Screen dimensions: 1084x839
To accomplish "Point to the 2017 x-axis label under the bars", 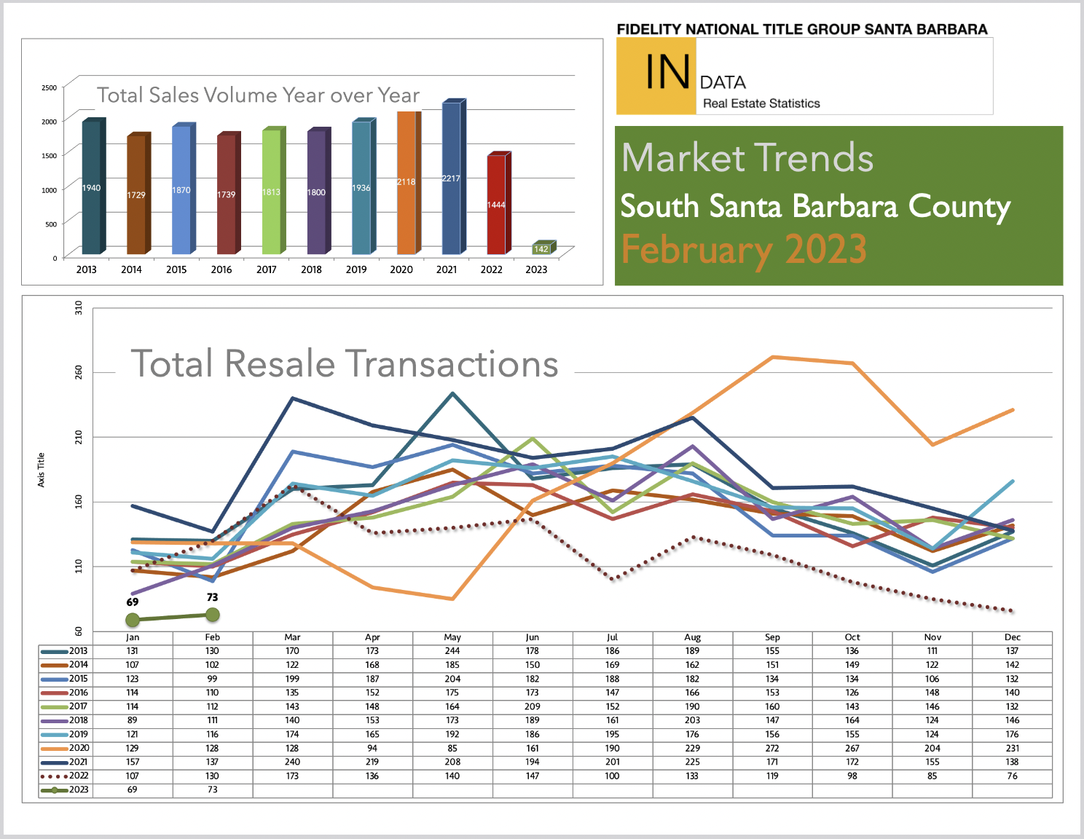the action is (x=267, y=269).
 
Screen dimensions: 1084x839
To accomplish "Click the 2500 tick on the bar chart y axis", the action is (x=50, y=87).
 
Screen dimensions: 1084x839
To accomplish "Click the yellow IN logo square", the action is (x=656, y=76).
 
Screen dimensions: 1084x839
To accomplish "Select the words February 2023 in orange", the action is (x=744, y=250).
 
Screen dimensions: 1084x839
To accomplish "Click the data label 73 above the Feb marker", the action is (x=213, y=597).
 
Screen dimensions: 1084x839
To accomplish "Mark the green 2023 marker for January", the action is (x=133, y=620).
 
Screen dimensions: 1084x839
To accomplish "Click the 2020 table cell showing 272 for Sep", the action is (x=772, y=748).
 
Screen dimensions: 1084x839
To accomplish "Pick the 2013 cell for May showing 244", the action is (x=452, y=651).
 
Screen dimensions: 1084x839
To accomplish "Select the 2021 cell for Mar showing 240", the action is (x=292, y=763).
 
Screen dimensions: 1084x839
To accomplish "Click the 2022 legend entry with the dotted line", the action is (x=65, y=776).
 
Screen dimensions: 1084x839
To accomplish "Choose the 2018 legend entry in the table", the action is (x=65, y=720).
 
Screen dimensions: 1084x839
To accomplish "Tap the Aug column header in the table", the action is (x=692, y=637).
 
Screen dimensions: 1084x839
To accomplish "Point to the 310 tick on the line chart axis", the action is (x=79, y=307).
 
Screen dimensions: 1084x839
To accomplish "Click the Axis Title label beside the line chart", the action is (x=41, y=470).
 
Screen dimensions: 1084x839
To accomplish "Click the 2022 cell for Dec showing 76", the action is (x=1012, y=776).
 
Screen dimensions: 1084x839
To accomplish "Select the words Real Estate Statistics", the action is (x=761, y=103).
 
